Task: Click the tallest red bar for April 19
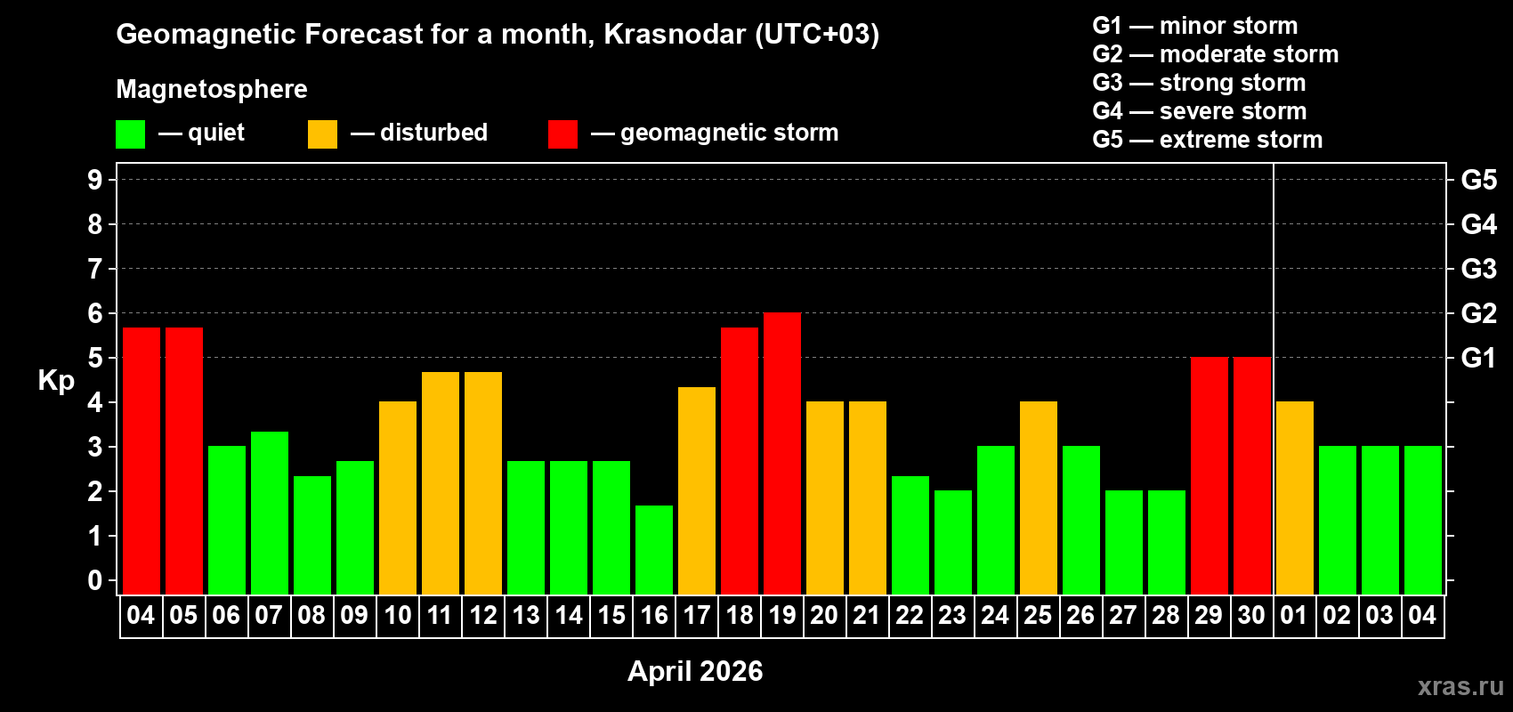point(782,453)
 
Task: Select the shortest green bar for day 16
point(654,549)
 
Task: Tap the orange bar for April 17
point(697,490)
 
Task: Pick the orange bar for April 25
point(1039,498)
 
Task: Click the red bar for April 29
point(1210,475)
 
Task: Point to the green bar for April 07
point(270,513)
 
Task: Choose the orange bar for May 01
point(1295,498)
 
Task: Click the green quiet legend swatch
point(131,134)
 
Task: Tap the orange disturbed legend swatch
point(323,134)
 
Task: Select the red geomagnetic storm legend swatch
point(562,134)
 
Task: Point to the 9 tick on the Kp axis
point(95,180)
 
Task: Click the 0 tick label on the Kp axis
point(95,580)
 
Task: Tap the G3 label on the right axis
point(1478,269)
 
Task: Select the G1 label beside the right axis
point(1478,358)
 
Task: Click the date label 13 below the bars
point(526,615)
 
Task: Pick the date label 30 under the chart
point(1251,615)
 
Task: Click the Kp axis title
point(56,380)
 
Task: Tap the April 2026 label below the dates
point(695,670)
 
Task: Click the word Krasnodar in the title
point(675,34)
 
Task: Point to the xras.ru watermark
point(1460,685)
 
